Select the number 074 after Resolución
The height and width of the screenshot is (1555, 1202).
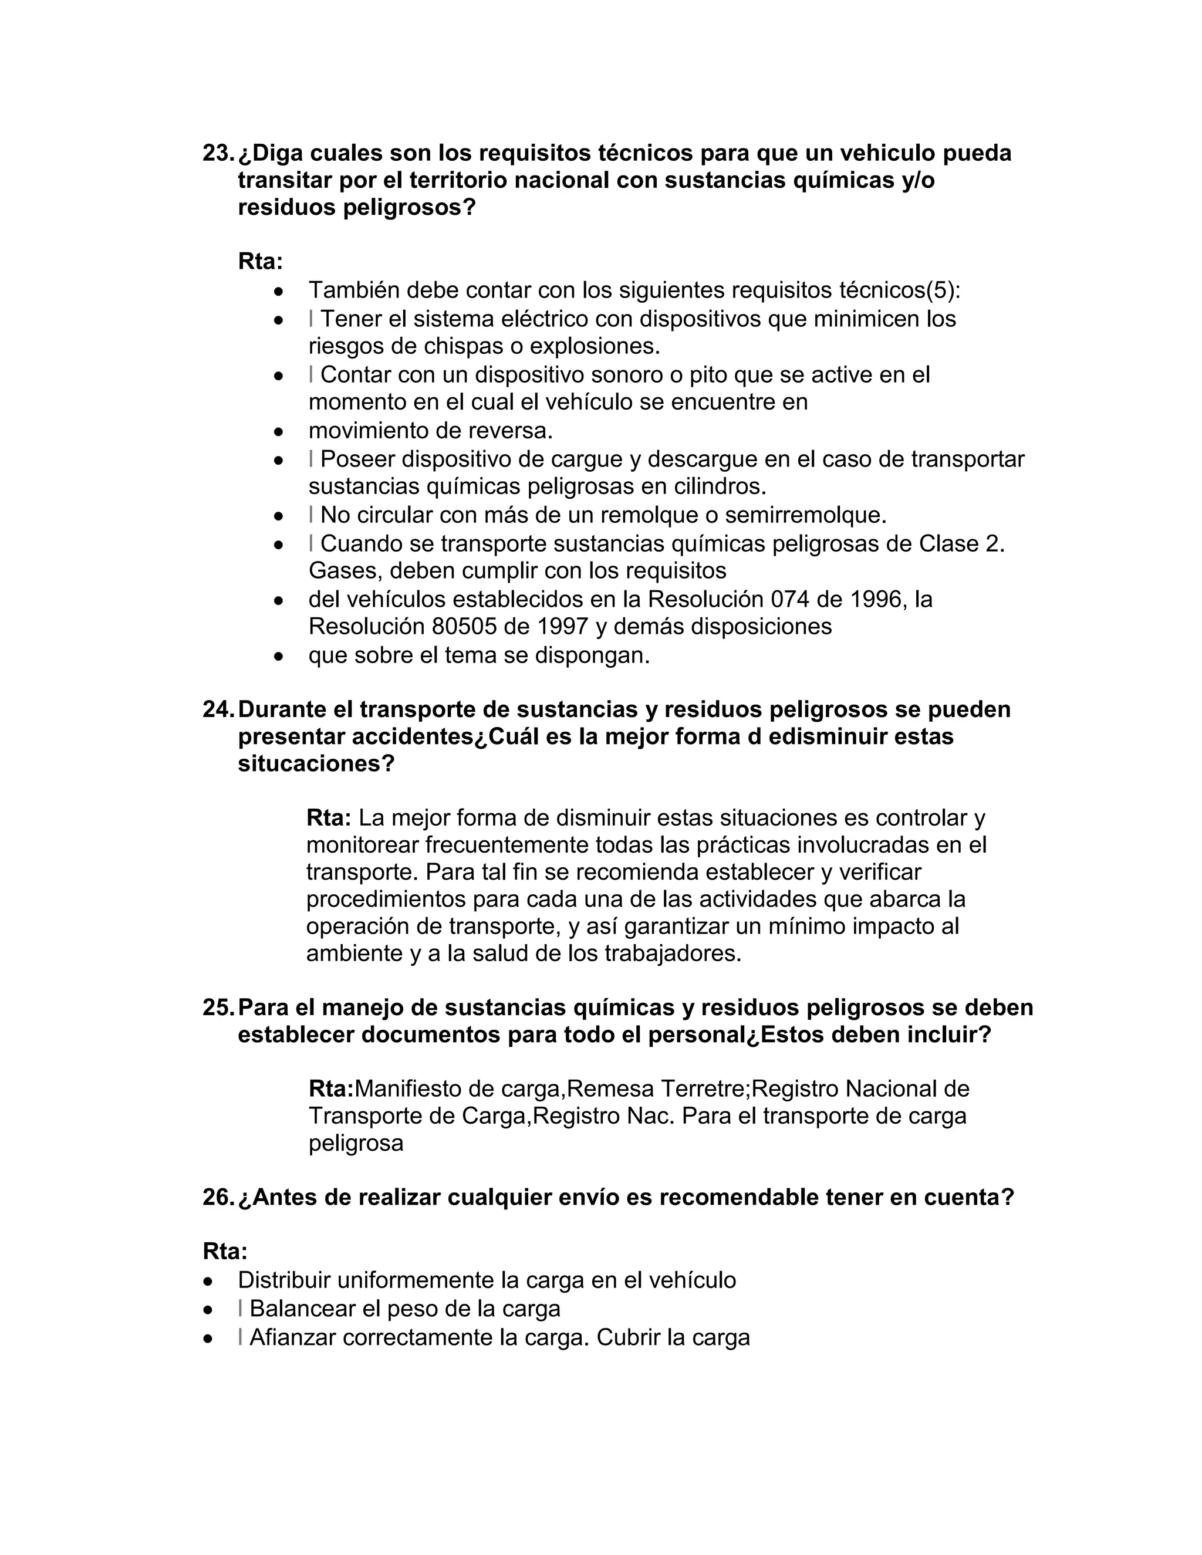pos(790,600)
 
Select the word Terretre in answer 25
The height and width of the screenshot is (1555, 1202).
pos(702,1088)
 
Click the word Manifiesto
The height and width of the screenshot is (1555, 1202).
pos(407,1088)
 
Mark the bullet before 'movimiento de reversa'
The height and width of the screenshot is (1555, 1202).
pos(279,431)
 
